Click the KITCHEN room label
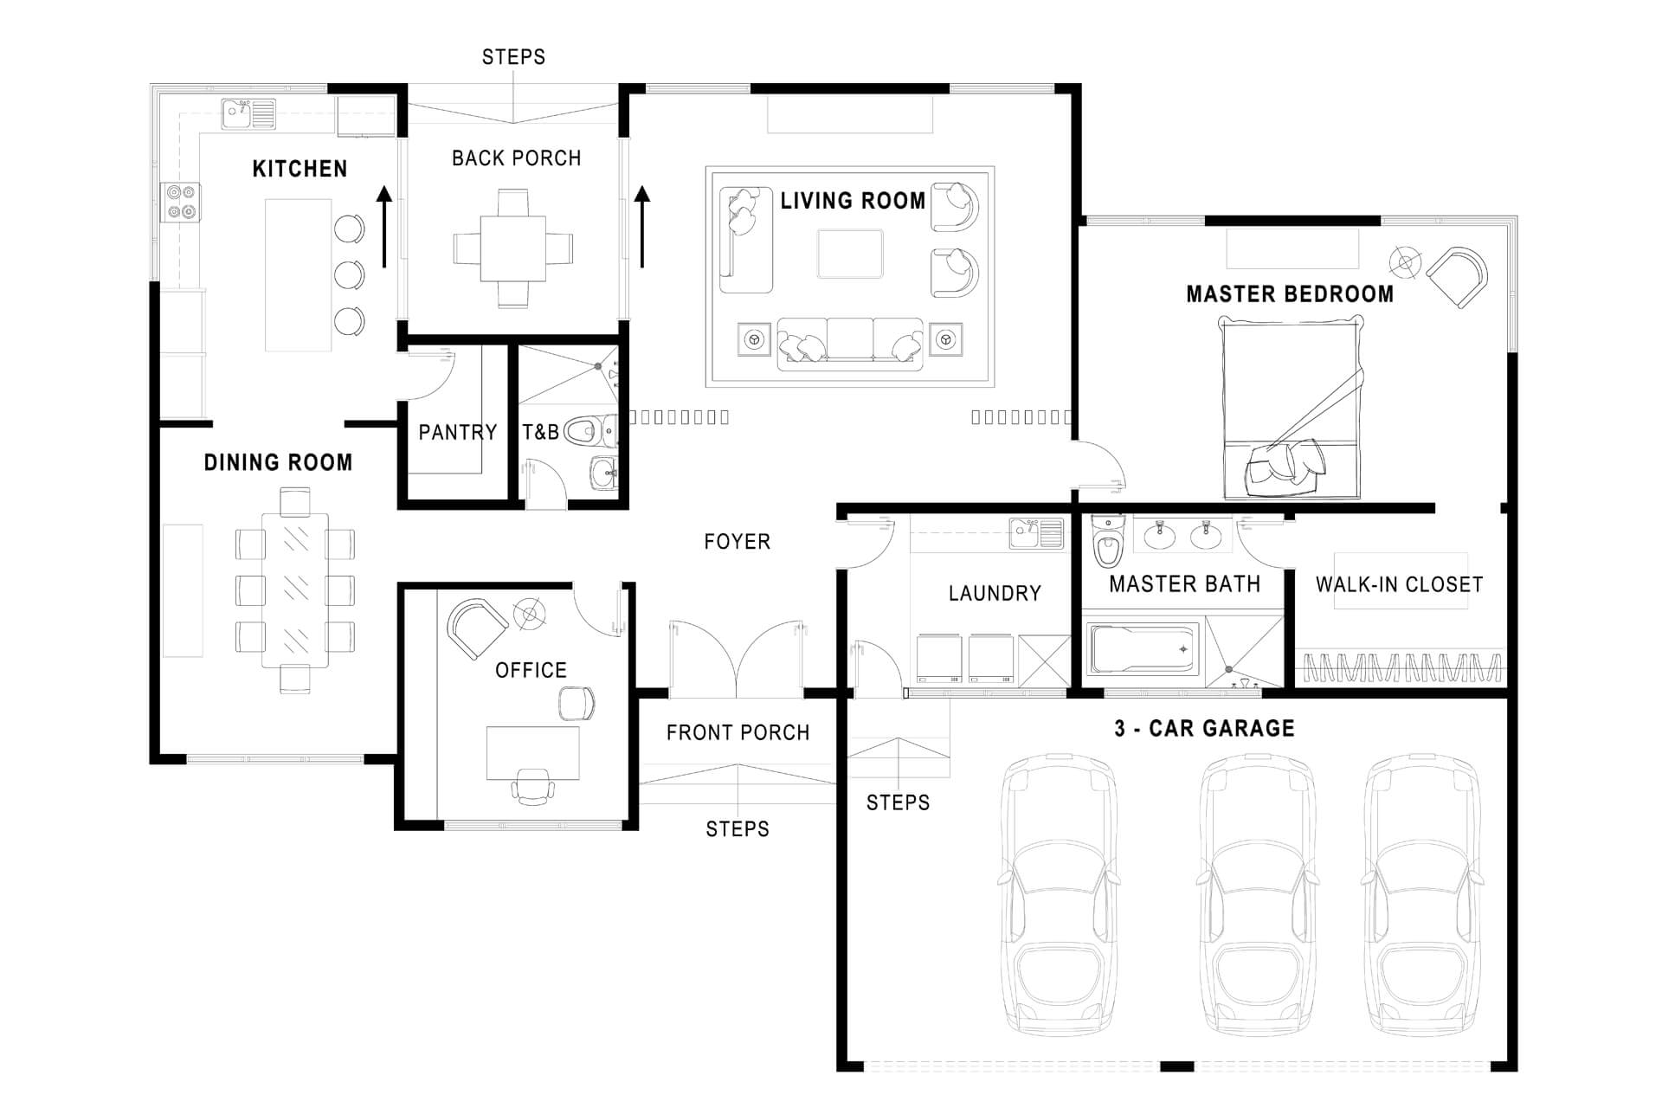tap(300, 169)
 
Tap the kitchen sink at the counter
tap(248, 113)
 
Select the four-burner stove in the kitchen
tap(181, 202)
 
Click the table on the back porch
tap(513, 248)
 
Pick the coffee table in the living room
tap(850, 254)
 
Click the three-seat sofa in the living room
tap(850, 344)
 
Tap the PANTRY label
tap(458, 432)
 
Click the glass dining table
tap(295, 589)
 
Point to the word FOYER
tap(738, 542)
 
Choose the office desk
tap(532, 753)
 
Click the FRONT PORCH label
tap(738, 733)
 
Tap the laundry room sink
tap(1037, 533)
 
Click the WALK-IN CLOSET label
tap(1400, 584)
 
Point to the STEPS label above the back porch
tap(514, 57)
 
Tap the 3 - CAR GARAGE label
tap(1204, 729)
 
